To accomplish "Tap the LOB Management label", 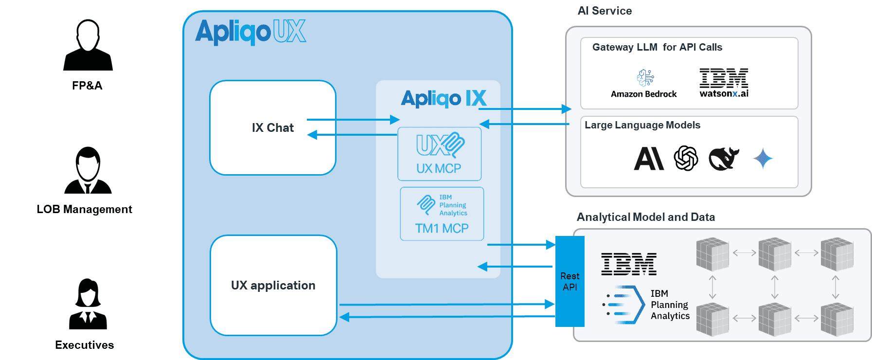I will tap(84, 209).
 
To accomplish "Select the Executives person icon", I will tap(88, 304).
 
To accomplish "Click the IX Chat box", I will tap(273, 128).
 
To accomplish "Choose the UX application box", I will tap(273, 286).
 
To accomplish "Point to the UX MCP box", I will tap(439, 154).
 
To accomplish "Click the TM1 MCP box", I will tap(442, 214).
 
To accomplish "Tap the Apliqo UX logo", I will tap(250, 32).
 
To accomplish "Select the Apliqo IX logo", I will tap(444, 98).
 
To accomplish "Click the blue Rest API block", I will tap(569, 282).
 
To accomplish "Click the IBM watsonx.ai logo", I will tap(724, 83).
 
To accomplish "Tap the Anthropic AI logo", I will tap(649, 159).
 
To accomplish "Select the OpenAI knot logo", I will tap(686, 159).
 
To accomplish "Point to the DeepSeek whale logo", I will tap(724, 159).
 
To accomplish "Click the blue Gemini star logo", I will tap(763, 159).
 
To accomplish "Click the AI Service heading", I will tap(605, 11).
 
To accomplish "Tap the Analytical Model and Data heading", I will tap(645, 217).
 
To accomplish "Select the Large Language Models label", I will tap(642, 125).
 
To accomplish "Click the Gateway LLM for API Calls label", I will tap(657, 47).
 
